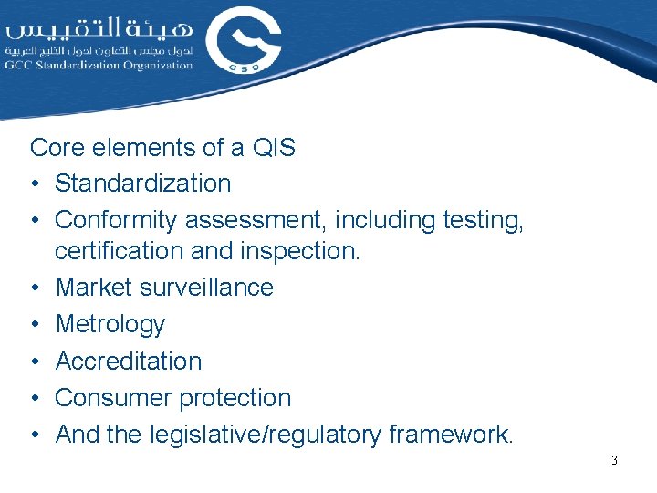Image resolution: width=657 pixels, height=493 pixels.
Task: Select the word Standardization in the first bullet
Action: (x=143, y=184)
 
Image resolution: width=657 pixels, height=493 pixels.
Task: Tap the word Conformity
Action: (x=117, y=220)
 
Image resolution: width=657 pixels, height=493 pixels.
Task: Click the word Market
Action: (x=95, y=288)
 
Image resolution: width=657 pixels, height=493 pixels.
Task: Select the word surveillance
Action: (x=207, y=288)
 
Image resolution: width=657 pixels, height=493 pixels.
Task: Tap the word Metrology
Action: (x=110, y=324)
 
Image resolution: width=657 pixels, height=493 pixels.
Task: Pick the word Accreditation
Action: (x=129, y=362)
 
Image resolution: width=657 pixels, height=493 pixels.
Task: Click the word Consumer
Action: (x=115, y=398)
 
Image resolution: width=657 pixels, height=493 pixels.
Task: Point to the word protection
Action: (x=236, y=398)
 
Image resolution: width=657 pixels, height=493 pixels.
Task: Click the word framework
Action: (x=451, y=435)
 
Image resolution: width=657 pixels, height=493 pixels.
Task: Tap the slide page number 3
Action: (x=614, y=461)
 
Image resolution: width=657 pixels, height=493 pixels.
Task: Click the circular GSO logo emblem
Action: (x=244, y=41)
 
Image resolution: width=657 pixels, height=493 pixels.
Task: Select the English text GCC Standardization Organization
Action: (x=99, y=66)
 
